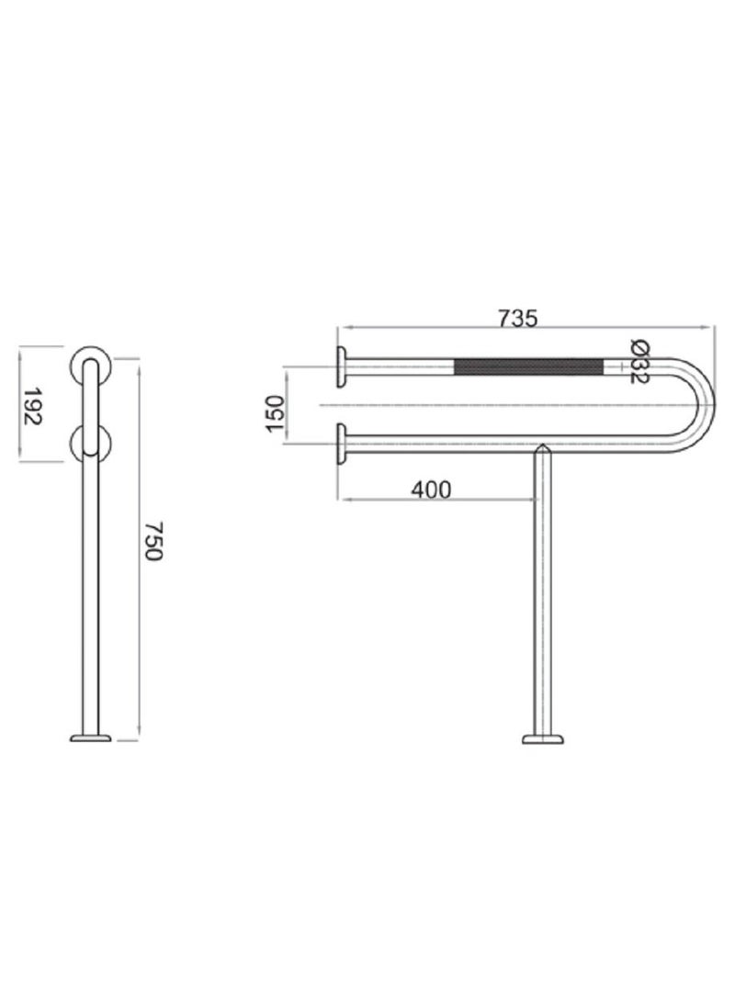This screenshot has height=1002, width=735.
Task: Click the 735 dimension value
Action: tap(516, 318)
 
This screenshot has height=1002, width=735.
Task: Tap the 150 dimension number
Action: tap(273, 406)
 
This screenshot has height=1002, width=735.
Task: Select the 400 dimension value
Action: tap(431, 490)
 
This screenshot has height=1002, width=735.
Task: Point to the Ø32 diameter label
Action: tap(640, 362)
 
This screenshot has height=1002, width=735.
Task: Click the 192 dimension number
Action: tap(31, 404)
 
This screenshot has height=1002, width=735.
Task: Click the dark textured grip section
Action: tap(528, 367)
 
